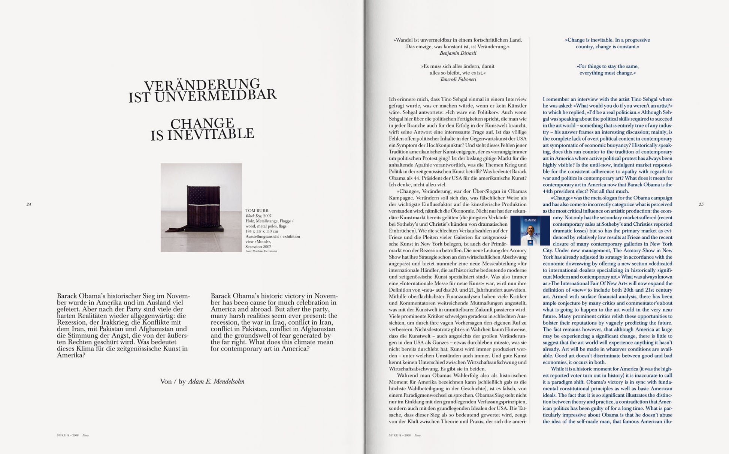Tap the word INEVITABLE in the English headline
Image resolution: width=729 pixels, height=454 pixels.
click(211, 134)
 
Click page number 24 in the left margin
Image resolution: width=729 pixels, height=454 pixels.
click(29, 204)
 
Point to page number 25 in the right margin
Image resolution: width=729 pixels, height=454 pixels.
click(701, 204)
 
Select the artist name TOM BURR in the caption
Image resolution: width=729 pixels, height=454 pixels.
click(257, 211)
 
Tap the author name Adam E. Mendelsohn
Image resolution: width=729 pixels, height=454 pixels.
click(216, 382)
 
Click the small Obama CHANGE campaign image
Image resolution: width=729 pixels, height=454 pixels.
click(530, 231)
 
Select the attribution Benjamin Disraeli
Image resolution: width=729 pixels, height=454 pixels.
click(457, 53)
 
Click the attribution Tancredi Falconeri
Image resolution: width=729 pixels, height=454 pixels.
click(458, 79)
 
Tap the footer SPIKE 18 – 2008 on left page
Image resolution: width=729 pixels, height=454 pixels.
click(68, 436)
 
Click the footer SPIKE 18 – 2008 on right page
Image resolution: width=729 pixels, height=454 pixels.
click(400, 436)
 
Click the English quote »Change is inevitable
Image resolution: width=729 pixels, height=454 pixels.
click(607, 40)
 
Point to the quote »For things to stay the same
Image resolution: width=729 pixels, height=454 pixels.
click(607, 66)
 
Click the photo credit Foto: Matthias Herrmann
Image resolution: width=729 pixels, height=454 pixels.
click(261, 251)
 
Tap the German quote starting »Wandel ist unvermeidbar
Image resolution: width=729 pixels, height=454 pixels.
click(457, 40)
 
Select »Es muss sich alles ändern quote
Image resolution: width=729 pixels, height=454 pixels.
click(457, 66)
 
